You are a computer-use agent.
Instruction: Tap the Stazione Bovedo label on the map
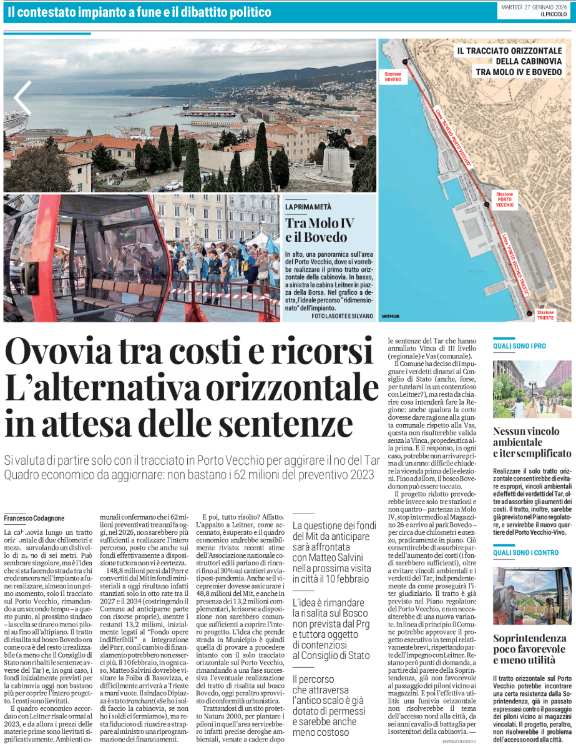point(393,76)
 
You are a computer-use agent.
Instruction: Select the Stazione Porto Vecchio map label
point(505,200)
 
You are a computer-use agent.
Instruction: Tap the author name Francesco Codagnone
point(34,518)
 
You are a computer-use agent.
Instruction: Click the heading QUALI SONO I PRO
point(519,345)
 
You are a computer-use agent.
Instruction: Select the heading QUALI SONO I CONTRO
point(525,552)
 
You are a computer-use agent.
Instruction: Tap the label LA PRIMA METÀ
point(308,207)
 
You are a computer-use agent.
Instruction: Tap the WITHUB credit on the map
point(390,316)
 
